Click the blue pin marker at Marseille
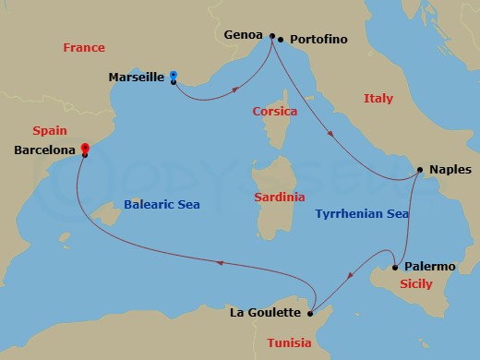(174, 77)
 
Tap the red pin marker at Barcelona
(84, 148)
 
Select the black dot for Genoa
(271, 36)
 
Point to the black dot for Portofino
(281, 40)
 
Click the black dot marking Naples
(420, 169)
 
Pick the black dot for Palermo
(395, 267)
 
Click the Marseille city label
(136, 77)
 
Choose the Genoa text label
(245, 35)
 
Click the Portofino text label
(319, 40)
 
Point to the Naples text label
(450, 170)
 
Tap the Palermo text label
(430, 267)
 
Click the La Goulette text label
(264, 314)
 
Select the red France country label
(84, 47)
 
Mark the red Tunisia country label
(290, 343)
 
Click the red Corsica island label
(275, 112)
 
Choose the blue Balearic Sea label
(162, 204)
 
